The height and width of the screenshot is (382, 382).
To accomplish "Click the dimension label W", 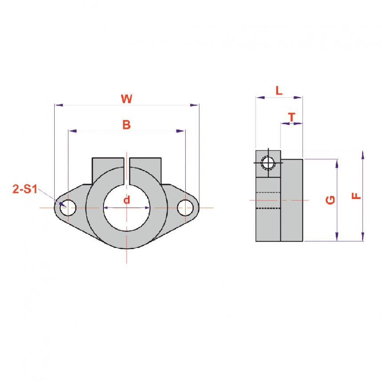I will click(x=127, y=99).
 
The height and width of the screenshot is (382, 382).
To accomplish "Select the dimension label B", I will click(x=127, y=125).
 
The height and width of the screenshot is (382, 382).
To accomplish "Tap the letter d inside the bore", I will click(x=127, y=200).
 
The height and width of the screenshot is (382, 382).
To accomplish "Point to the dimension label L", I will click(x=279, y=91).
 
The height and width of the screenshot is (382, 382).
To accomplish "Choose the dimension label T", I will click(x=291, y=117).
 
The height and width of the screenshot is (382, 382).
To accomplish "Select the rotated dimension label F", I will click(x=356, y=196).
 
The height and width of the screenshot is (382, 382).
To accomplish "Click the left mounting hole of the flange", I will click(x=68, y=207).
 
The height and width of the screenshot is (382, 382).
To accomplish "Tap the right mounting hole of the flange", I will click(x=185, y=207).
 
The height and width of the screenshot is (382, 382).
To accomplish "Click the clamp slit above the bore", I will click(x=127, y=171).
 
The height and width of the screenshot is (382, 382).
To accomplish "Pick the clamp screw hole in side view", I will click(x=267, y=163).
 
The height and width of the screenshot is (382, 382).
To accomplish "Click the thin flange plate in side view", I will click(x=291, y=200).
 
